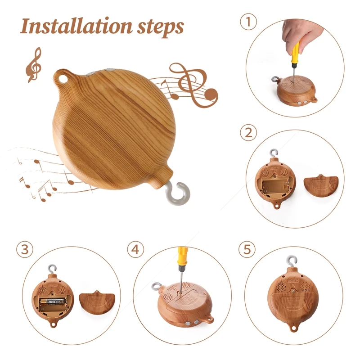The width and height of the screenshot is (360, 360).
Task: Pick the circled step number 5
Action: pos(248,249)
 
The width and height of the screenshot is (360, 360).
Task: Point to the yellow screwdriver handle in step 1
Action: pos(295,52)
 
